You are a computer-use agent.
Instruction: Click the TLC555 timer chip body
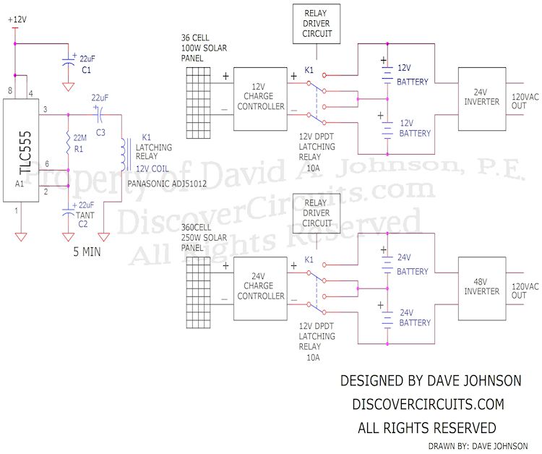(21, 150)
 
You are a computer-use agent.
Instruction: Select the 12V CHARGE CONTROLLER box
(260, 99)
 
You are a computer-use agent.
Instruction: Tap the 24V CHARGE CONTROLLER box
(260, 288)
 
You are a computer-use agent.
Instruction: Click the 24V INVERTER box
(482, 99)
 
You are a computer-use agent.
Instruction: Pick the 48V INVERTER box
(482, 288)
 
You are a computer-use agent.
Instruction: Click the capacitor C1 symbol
(69, 63)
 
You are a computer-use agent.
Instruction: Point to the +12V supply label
(17, 20)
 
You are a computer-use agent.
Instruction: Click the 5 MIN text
(87, 252)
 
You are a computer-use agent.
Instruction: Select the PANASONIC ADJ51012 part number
(167, 184)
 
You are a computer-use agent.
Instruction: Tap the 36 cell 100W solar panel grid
(198, 103)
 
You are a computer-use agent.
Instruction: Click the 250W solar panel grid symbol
(198, 293)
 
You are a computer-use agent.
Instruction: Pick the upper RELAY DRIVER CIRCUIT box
(317, 24)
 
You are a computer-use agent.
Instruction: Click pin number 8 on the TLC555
(10, 90)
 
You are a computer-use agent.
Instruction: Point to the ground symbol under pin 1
(21, 237)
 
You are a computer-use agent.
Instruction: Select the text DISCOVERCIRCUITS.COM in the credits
(429, 404)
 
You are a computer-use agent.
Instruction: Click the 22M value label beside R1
(79, 138)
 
